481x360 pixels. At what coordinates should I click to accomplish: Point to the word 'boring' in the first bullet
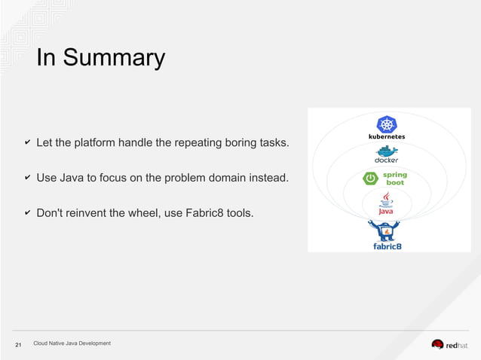(237, 142)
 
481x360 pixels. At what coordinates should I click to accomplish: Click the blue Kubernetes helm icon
(387, 124)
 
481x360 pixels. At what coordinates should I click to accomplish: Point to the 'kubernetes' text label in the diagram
(387, 137)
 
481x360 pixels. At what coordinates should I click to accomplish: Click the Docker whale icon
(387, 151)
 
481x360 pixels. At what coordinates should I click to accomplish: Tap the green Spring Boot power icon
(371, 178)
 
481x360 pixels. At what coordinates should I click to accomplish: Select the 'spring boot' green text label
(395, 178)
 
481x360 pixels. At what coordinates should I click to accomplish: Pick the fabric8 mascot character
(387, 230)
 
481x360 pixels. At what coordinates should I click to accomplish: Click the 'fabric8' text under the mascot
(388, 246)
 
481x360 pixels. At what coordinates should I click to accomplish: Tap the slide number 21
(19, 345)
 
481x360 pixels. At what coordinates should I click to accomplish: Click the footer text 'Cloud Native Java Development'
(72, 343)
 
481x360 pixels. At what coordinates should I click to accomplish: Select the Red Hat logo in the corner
(449, 345)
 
